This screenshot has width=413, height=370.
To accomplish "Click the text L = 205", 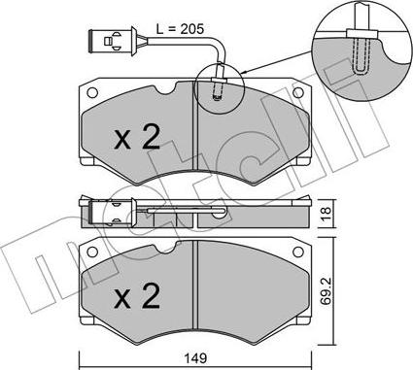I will [x=180, y=30].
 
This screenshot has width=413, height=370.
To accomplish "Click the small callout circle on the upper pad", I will [x=216, y=89].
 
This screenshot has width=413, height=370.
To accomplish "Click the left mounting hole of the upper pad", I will [x=92, y=95].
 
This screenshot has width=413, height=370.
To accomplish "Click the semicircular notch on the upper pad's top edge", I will [x=167, y=90].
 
